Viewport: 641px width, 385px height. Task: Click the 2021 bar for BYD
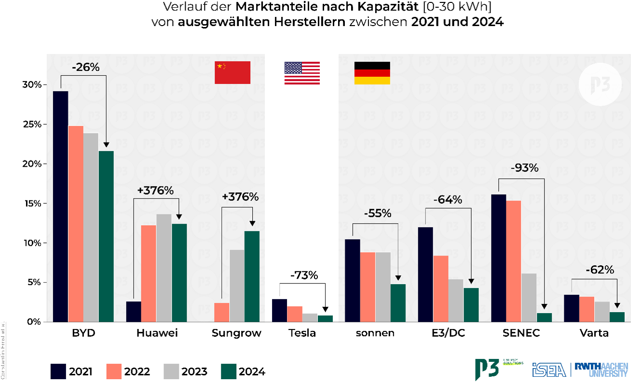coord(60,206)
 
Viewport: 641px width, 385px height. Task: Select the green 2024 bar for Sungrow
coord(252,276)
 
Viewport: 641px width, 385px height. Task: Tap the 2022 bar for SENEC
coord(514,261)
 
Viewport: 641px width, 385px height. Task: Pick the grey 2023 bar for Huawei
coord(164,268)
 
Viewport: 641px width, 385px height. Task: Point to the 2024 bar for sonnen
coord(398,303)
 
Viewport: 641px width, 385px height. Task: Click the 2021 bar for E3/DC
coord(425,274)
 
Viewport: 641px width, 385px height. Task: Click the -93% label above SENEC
coord(524,168)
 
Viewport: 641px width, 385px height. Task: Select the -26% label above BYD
coord(85,67)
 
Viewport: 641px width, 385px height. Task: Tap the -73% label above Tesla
coord(304,275)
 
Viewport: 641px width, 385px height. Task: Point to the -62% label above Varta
coord(600,270)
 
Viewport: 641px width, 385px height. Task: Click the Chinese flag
coord(232,72)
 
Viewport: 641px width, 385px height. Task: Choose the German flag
coord(372,73)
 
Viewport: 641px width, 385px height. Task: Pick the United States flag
coord(302,73)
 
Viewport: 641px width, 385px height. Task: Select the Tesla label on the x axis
coord(302,333)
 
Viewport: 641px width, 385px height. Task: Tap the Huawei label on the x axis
coord(157,333)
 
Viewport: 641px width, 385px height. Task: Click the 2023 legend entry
coord(186,371)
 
